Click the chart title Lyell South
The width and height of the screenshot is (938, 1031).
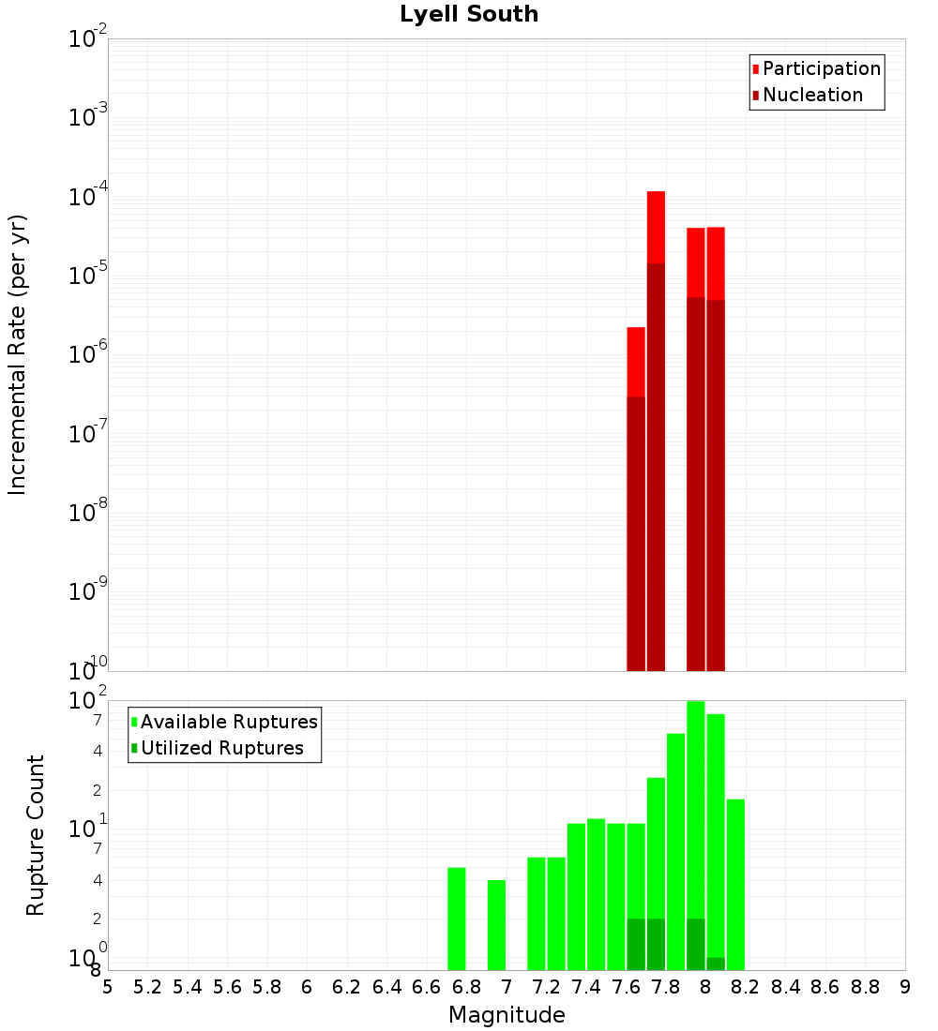pyautogui.click(x=469, y=15)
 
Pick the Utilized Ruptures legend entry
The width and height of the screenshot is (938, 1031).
pyautogui.click(x=221, y=749)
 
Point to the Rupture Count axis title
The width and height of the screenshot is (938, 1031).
pyautogui.click(x=36, y=834)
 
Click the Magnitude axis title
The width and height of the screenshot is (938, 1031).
pyautogui.click(x=507, y=1015)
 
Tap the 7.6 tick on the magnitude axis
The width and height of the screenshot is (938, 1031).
pyautogui.click(x=627, y=987)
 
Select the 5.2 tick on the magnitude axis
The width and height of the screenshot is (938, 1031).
pyautogui.click(x=148, y=987)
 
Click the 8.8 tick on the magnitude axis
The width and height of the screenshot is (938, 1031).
pyautogui.click(x=865, y=987)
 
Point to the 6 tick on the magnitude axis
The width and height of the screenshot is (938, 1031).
pyautogui.click(x=307, y=987)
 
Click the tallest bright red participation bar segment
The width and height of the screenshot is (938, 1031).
pyautogui.click(x=656, y=227)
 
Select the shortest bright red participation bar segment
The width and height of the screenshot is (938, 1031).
pyautogui.click(x=636, y=362)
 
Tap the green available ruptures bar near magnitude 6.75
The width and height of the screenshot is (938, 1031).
pyautogui.click(x=457, y=919)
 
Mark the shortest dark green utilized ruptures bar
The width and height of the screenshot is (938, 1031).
pyautogui.click(x=716, y=964)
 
